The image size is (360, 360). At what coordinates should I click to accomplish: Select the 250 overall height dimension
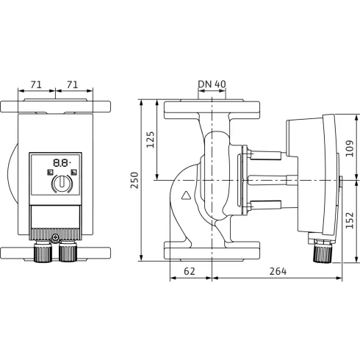point(134,179)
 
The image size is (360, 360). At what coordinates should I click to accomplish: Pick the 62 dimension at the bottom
point(190,272)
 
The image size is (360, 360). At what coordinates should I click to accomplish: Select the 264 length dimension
point(276,272)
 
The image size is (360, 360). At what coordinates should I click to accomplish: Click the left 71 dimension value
point(38,85)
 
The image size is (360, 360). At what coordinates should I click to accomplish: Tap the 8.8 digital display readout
point(61,164)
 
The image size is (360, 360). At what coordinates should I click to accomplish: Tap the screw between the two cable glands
point(55,237)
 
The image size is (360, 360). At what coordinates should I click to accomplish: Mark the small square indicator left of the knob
point(48,174)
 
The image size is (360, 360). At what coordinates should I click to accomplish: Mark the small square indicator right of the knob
point(76,174)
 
